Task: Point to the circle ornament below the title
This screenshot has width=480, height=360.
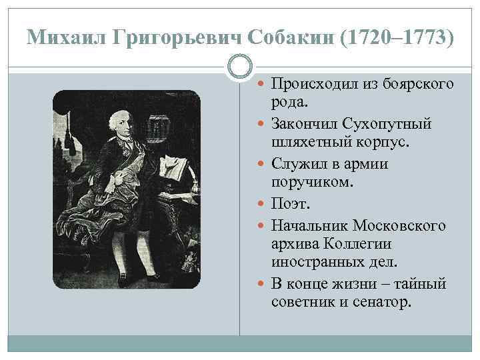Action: click(240, 66)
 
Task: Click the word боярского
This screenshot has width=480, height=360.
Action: click(420, 84)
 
